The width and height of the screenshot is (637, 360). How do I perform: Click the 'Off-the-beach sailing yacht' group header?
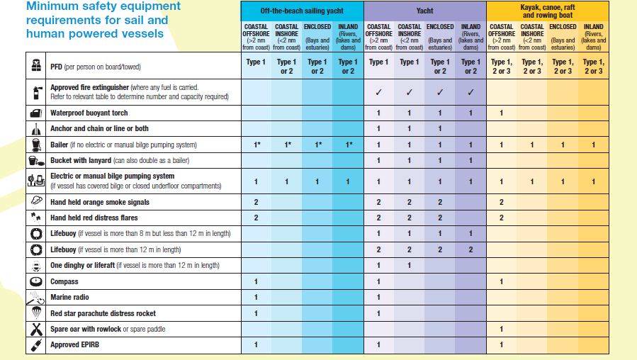point(302,11)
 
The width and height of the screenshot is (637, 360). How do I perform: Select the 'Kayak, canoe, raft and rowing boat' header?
point(547,11)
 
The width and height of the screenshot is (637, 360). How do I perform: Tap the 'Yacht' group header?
point(425,11)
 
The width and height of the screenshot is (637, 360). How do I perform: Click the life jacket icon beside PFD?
point(36,66)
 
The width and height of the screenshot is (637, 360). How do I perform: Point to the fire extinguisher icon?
point(36,91)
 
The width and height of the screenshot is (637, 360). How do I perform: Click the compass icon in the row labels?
point(36,281)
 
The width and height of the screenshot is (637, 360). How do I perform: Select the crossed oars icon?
point(36,329)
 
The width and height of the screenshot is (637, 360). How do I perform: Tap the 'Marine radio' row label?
point(69,298)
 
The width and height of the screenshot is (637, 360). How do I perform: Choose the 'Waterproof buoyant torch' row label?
point(89,113)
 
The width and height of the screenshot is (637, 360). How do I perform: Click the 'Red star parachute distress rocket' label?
point(103,313)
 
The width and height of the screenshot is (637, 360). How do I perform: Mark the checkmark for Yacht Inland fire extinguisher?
point(470,92)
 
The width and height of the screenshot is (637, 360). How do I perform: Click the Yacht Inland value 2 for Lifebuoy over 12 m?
point(470,249)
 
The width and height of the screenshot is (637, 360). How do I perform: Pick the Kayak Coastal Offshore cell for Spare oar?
point(501,329)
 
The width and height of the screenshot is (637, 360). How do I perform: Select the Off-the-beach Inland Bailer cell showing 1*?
point(348,145)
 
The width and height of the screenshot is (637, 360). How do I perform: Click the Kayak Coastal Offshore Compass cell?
point(501,281)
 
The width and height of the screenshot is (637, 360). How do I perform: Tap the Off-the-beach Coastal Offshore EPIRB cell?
point(256,345)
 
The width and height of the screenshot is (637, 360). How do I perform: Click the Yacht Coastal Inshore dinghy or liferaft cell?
point(409,266)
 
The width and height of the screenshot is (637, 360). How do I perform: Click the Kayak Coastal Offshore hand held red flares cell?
point(501,218)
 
